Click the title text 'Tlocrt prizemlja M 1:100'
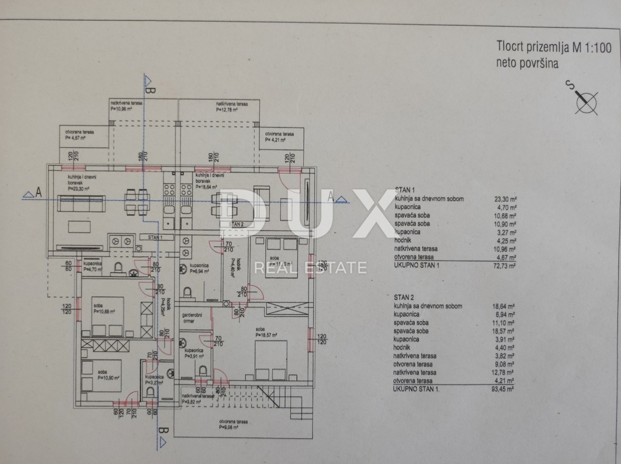[554, 49]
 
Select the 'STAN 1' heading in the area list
[405, 190]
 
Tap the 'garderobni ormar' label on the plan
[194, 317]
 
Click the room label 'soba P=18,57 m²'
[267, 332]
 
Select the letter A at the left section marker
[38, 193]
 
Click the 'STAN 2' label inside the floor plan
[236, 224]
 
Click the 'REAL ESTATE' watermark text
[310, 267]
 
